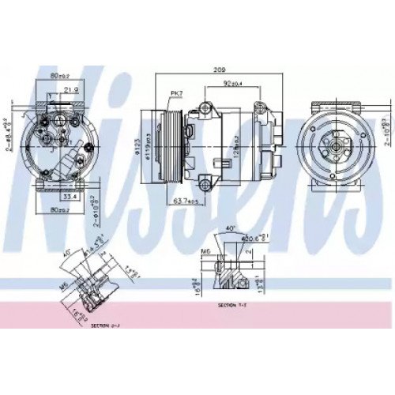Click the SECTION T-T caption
coord(231,304)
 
